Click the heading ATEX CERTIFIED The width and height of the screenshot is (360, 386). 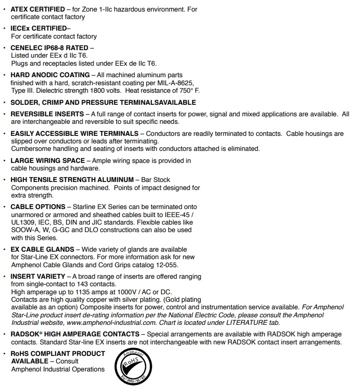point(38,10)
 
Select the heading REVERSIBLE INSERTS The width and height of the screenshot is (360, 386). point(47,114)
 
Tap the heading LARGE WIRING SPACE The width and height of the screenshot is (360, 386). point(47,161)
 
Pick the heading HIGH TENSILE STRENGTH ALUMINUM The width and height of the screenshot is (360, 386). point(72,179)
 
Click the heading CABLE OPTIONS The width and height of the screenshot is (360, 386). point(38,207)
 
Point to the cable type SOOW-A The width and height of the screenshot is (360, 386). point(25,230)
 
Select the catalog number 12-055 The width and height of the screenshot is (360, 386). point(166,265)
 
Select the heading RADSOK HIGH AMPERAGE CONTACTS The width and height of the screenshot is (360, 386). point(75,334)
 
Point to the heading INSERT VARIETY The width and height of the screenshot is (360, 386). point(38,276)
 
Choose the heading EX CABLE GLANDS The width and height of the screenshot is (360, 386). point(43,250)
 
